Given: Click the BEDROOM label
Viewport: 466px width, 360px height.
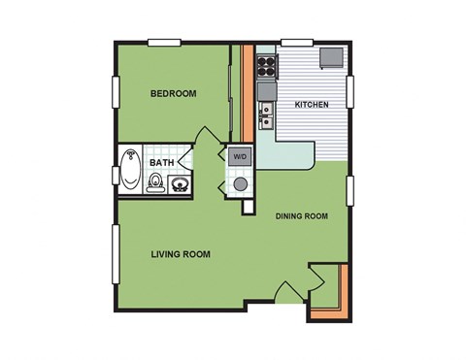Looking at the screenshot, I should tap(174, 94).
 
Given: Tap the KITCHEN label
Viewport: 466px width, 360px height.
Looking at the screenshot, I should tap(311, 104).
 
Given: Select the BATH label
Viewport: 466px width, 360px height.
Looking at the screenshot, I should tap(161, 164).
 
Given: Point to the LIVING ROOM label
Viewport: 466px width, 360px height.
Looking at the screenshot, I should tap(181, 254).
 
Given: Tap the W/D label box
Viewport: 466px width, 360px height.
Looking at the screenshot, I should tap(239, 155).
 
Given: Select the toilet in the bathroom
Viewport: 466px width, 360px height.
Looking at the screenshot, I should tap(155, 181).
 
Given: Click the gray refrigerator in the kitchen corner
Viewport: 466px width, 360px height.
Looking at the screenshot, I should tap(334, 56).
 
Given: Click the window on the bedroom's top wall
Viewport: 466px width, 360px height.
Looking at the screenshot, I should tap(166, 43).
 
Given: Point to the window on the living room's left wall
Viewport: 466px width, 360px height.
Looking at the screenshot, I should tap(116, 257).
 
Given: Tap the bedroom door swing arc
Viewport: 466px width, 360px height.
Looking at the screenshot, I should tap(206, 141).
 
